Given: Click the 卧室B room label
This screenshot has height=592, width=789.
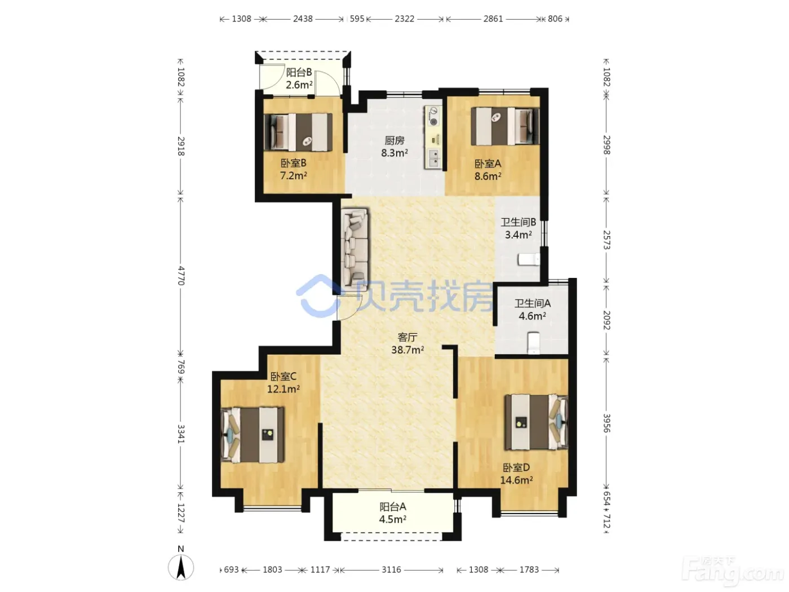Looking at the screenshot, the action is [x=293, y=163].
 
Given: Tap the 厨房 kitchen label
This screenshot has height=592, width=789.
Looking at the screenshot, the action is [x=394, y=140].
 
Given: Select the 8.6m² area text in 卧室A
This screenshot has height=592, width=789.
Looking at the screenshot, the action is [x=488, y=176].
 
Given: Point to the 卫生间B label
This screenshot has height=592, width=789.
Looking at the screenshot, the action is [x=518, y=222].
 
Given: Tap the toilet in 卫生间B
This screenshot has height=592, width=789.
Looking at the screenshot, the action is [x=529, y=259].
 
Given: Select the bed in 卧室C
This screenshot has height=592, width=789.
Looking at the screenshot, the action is [x=252, y=435].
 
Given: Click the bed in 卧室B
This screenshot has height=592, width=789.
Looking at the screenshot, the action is [x=298, y=132].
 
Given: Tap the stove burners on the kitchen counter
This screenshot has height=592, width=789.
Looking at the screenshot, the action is [x=433, y=116].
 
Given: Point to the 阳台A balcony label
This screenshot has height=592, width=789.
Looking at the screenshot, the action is [x=393, y=506].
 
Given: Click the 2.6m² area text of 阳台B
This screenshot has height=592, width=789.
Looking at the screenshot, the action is [x=299, y=85].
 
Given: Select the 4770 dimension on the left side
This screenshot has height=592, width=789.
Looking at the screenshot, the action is [x=181, y=276].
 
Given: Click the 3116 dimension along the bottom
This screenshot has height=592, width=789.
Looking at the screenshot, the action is [x=391, y=569].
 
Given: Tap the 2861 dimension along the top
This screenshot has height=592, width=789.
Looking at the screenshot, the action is [x=493, y=19].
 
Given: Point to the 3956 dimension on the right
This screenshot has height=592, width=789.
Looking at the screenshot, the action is [x=606, y=423].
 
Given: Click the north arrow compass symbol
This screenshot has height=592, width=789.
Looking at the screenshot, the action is [x=181, y=567].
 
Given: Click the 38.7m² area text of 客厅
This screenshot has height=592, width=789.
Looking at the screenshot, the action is [x=407, y=350].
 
